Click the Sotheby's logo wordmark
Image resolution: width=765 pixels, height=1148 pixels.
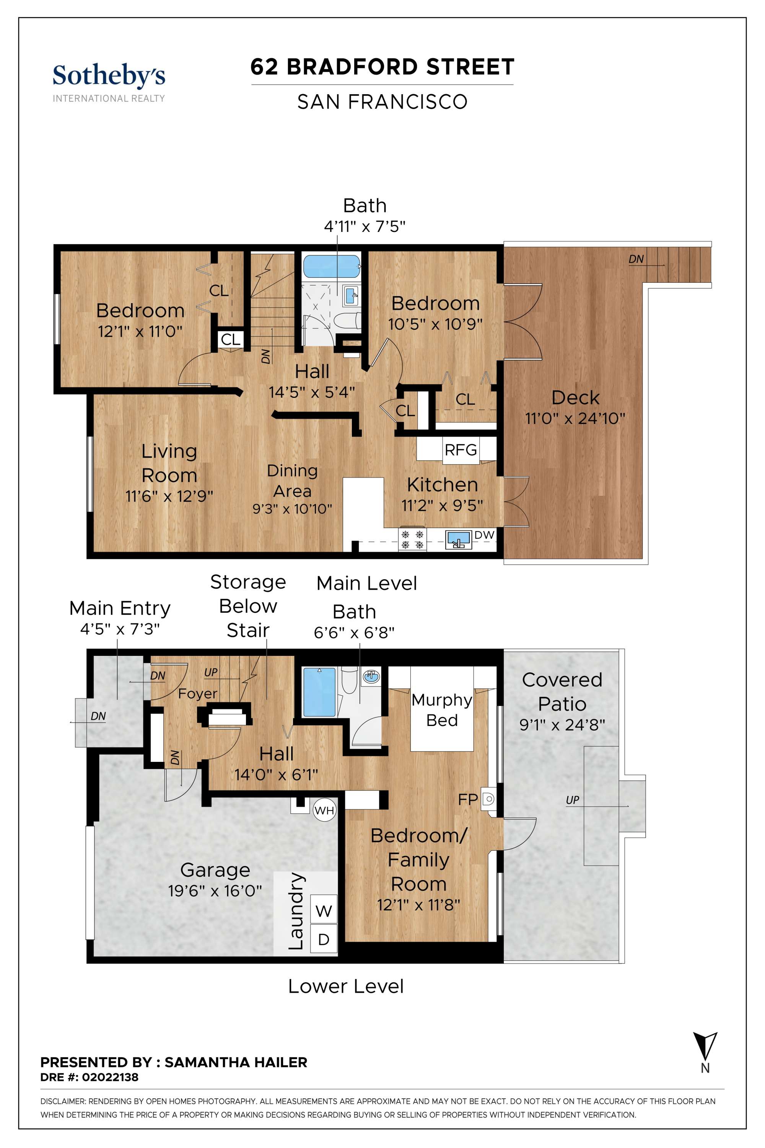click(109, 77)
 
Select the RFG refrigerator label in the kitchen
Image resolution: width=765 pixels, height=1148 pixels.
click(461, 449)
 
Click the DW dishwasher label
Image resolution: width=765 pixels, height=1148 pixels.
click(485, 535)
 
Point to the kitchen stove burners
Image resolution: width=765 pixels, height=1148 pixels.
click(412, 539)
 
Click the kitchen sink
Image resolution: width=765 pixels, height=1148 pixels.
click(458, 539)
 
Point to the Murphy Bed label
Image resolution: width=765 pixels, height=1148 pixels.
click(442, 710)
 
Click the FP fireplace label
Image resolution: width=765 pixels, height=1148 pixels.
click(468, 799)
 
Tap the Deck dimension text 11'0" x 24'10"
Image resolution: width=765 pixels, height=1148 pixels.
click(575, 418)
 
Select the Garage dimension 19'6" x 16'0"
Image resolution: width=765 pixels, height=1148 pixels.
click(215, 891)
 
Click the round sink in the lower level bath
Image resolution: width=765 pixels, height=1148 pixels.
click(371, 677)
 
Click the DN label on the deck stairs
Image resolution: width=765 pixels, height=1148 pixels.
click(636, 259)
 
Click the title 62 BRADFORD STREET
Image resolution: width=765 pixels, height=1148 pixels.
click(382, 67)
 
